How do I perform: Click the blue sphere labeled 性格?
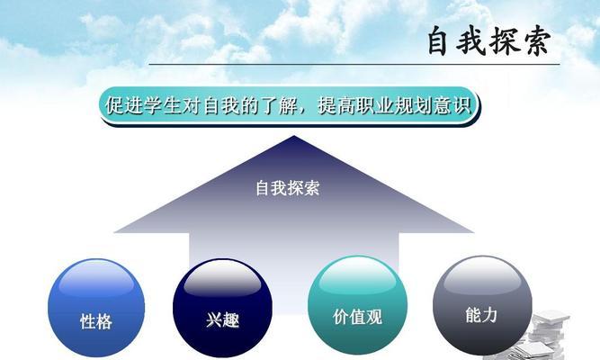point(96,308)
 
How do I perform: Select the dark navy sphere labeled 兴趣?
point(222,308)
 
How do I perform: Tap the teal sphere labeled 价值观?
point(357,305)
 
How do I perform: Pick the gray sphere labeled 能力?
point(482,305)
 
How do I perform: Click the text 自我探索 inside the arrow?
point(288,188)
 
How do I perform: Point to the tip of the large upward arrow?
point(293,136)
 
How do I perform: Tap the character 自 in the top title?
point(437,41)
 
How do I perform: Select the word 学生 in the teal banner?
point(163,105)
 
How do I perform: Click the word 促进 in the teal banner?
point(124,105)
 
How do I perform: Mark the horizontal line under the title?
point(354,64)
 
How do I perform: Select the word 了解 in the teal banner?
point(279,105)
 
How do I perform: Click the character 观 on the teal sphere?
point(374,317)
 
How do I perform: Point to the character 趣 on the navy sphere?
point(231,320)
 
